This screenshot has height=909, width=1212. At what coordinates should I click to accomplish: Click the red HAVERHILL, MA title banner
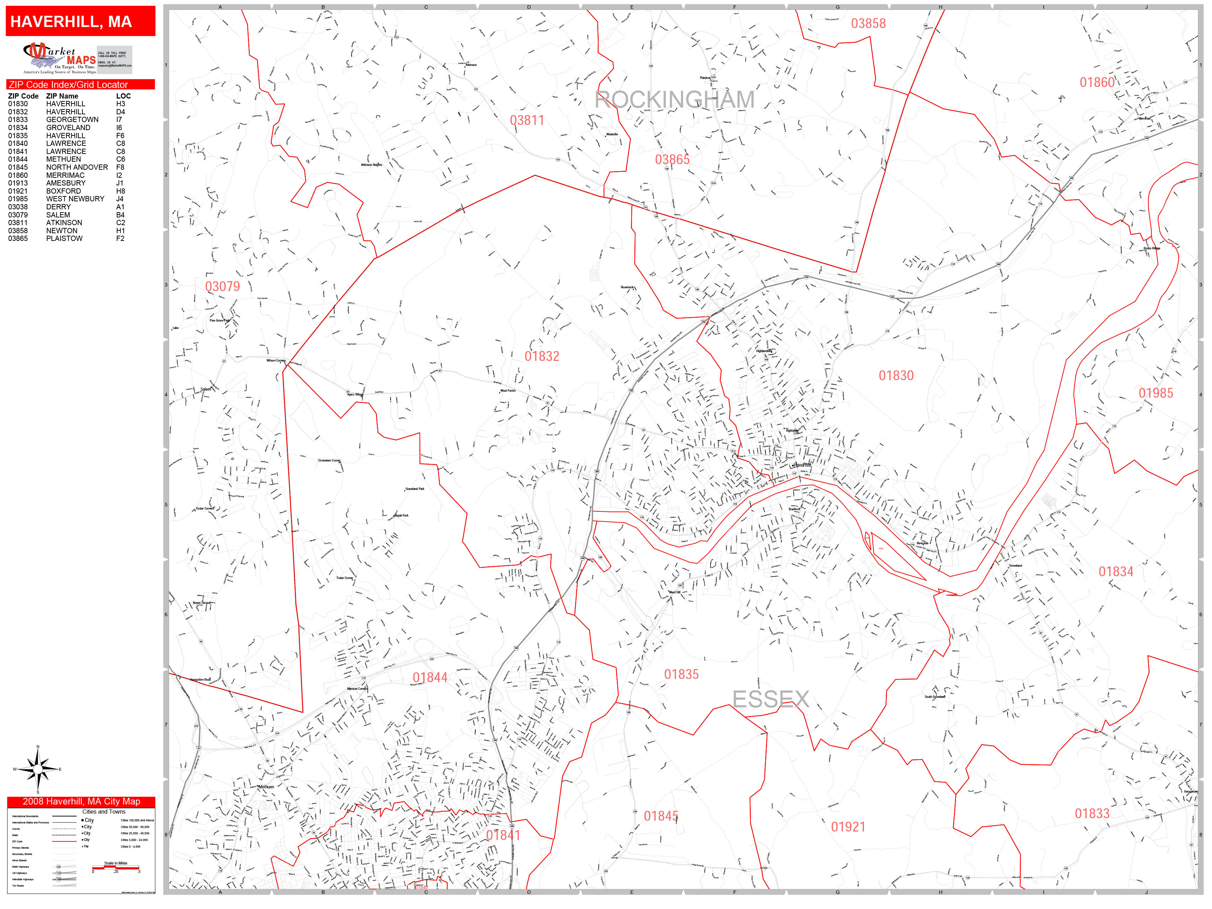tap(81, 21)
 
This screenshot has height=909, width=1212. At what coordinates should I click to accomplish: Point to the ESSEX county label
tap(770, 699)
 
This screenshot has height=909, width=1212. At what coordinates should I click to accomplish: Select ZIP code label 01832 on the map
tap(541, 356)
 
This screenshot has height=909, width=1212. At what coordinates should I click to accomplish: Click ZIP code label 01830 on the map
tap(896, 375)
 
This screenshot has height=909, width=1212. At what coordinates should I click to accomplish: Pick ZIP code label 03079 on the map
tap(222, 286)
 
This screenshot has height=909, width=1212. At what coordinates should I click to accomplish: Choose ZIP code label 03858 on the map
tap(868, 23)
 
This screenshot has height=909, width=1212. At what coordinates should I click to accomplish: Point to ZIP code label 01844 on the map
tap(430, 678)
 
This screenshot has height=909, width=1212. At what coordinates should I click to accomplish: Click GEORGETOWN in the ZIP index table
tap(72, 120)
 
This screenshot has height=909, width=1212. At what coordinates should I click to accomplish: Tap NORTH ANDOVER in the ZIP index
tap(77, 167)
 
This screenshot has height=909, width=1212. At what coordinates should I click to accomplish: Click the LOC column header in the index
tap(123, 96)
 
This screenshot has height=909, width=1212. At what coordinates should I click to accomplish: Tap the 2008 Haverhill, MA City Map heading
tap(81, 802)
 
